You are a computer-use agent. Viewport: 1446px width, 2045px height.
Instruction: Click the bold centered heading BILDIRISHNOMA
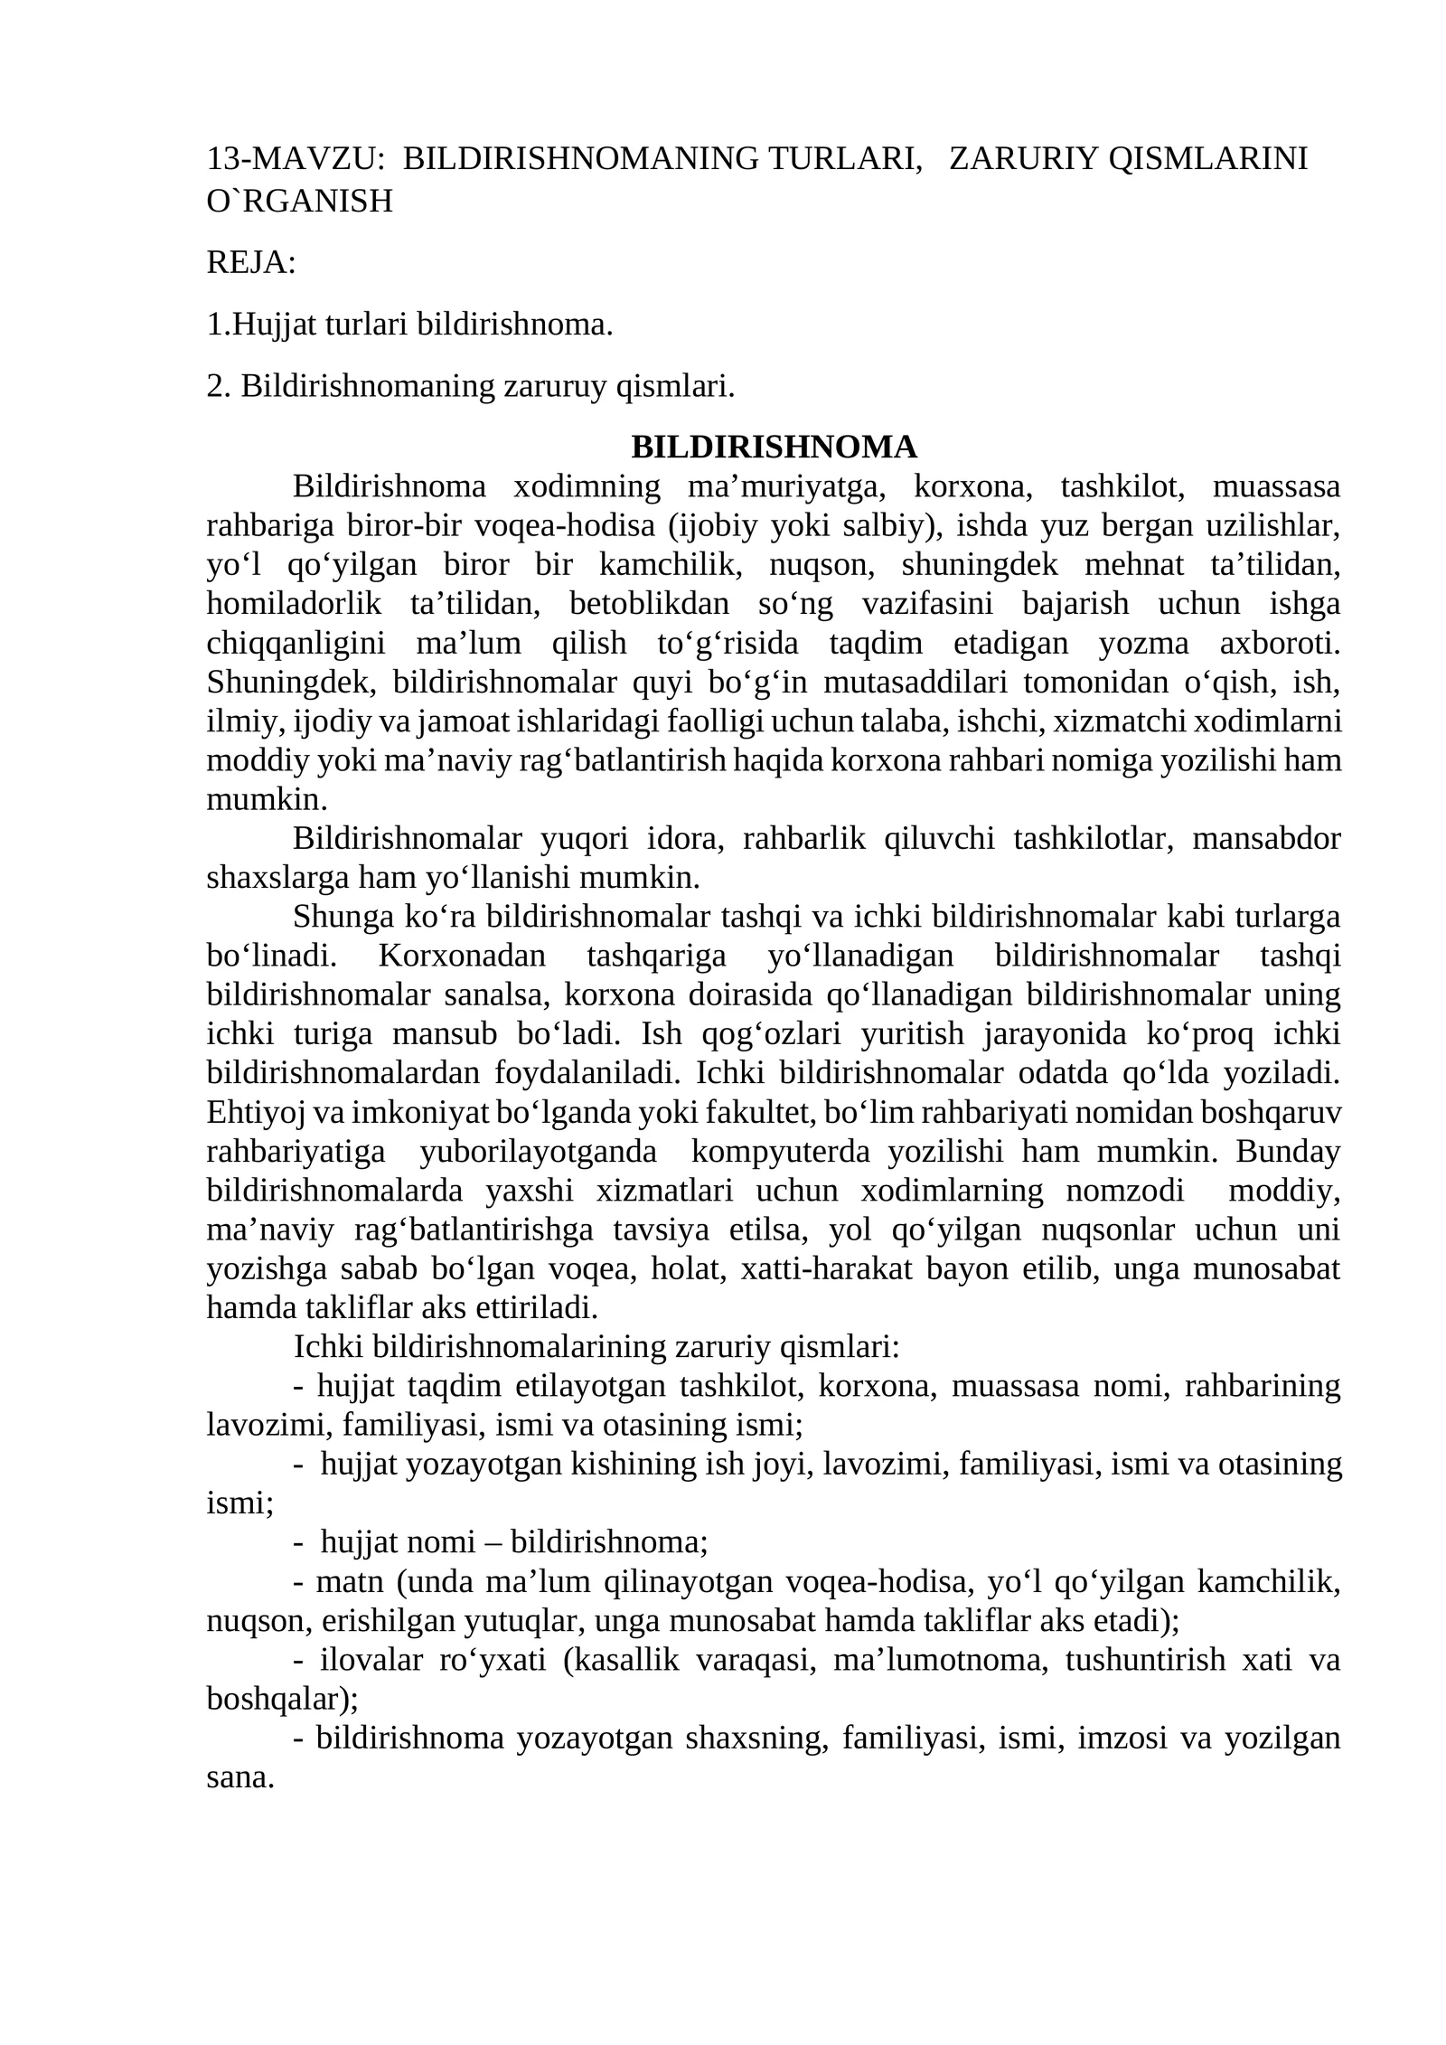click(774, 447)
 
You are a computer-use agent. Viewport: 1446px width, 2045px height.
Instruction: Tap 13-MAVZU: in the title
click(295, 158)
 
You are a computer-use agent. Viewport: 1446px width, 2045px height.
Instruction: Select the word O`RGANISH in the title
click(299, 201)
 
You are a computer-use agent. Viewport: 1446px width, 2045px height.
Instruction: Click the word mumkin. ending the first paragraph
click(267, 799)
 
